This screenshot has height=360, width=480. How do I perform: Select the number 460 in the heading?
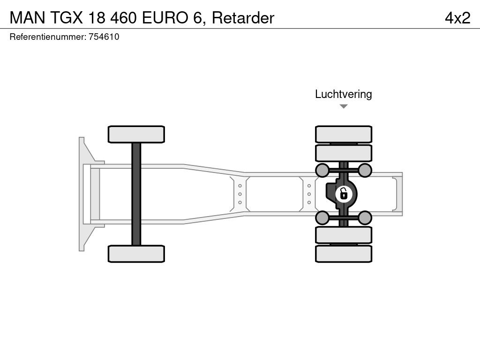123,18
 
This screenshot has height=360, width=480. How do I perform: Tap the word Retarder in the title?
243,18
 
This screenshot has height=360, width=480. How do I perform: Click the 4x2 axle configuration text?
457,18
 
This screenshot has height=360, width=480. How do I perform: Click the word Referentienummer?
47,37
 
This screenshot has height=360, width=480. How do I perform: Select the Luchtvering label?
343,94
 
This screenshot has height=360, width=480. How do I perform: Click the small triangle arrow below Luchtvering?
344,106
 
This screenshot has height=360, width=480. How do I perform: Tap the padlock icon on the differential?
344,193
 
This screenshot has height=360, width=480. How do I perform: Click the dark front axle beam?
136,194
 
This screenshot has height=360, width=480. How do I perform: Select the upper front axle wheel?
136,134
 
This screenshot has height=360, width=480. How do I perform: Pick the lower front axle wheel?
136,254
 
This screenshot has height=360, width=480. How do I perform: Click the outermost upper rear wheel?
344,134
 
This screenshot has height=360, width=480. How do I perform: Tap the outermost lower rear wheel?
344,254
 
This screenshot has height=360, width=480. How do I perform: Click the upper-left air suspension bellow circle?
322,170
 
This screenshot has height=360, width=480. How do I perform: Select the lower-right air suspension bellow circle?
365,217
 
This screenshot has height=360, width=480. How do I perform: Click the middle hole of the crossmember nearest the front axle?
240,194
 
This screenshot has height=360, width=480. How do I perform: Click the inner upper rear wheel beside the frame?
344,153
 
